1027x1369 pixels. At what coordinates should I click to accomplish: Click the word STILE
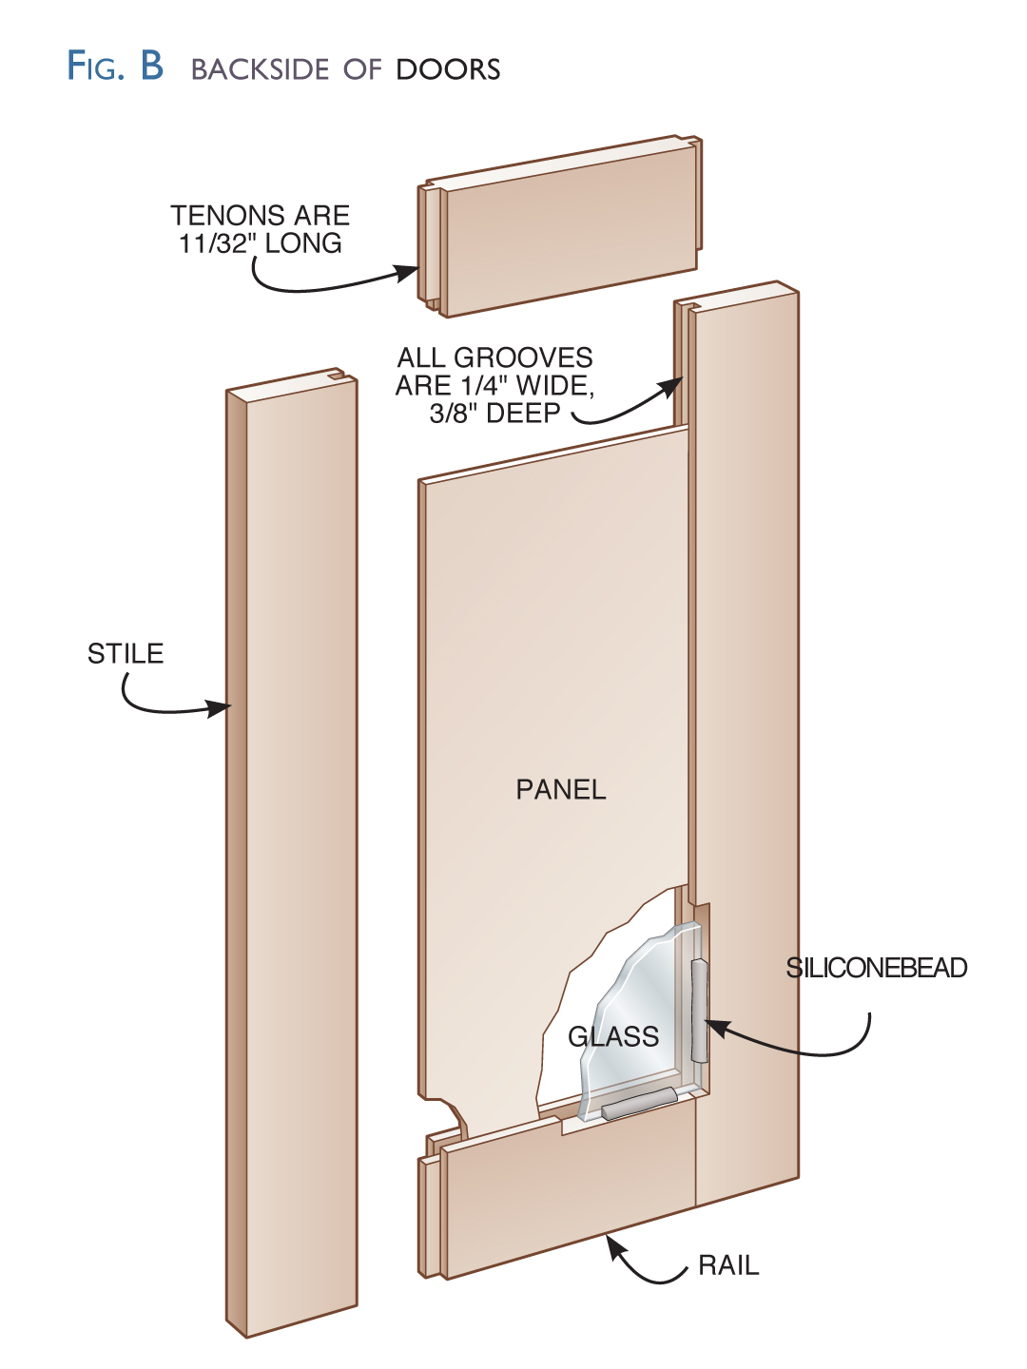(x=126, y=654)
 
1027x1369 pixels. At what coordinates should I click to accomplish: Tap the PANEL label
(x=560, y=790)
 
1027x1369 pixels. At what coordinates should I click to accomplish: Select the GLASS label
(x=613, y=1036)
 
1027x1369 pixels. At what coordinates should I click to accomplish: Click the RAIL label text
(x=728, y=1266)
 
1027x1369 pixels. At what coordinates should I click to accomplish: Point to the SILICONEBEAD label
(x=876, y=968)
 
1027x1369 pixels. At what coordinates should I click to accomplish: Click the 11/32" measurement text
(x=218, y=244)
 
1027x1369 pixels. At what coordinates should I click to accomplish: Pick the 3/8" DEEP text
(x=494, y=414)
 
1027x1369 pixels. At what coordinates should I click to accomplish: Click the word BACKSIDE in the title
(x=260, y=69)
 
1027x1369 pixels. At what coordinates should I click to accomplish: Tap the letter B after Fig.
(x=152, y=67)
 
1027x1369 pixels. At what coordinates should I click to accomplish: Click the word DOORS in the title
(x=448, y=69)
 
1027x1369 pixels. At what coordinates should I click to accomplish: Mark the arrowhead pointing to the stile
(x=221, y=708)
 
